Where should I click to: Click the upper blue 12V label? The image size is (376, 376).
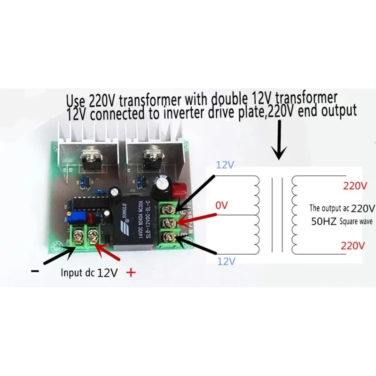point(225,165)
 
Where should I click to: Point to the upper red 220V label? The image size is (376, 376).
point(355,186)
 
